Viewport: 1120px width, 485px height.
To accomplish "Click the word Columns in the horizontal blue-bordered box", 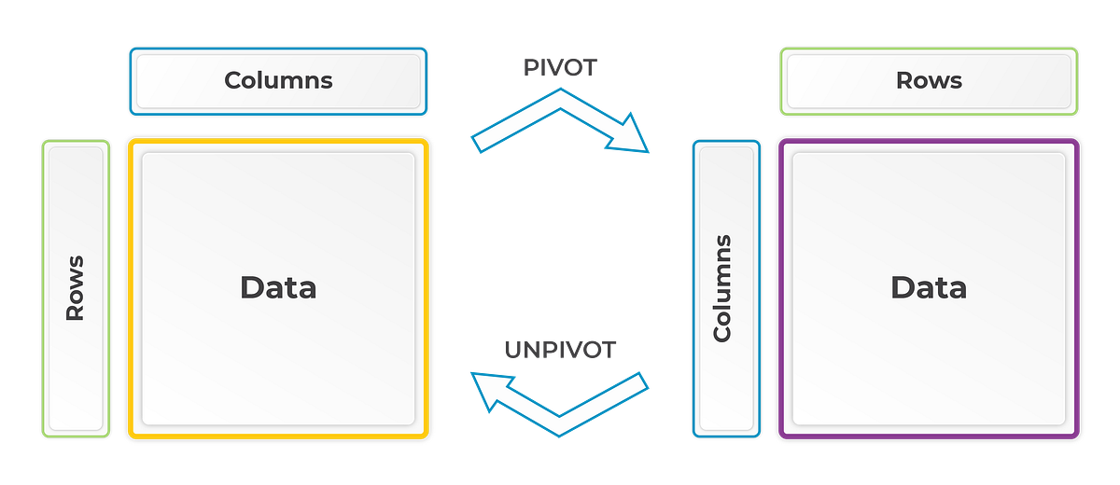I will click(278, 80).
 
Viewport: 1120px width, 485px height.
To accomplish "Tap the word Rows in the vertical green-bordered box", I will click(75, 287).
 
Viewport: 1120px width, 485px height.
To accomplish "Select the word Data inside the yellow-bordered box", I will click(278, 287).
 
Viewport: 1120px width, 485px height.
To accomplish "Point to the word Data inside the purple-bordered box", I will click(928, 287).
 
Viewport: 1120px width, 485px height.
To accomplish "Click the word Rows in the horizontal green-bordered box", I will click(929, 80).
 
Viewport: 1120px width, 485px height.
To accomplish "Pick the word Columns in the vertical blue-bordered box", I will click(721, 288).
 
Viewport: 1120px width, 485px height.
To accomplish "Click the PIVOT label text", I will click(558, 67).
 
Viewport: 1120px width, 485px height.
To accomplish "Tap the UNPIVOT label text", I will click(560, 351).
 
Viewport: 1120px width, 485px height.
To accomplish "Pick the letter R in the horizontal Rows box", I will click(903, 80).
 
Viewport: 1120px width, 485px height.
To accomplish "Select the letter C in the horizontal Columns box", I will click(232, 80).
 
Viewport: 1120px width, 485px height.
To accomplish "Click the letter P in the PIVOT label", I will click(528, 67).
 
